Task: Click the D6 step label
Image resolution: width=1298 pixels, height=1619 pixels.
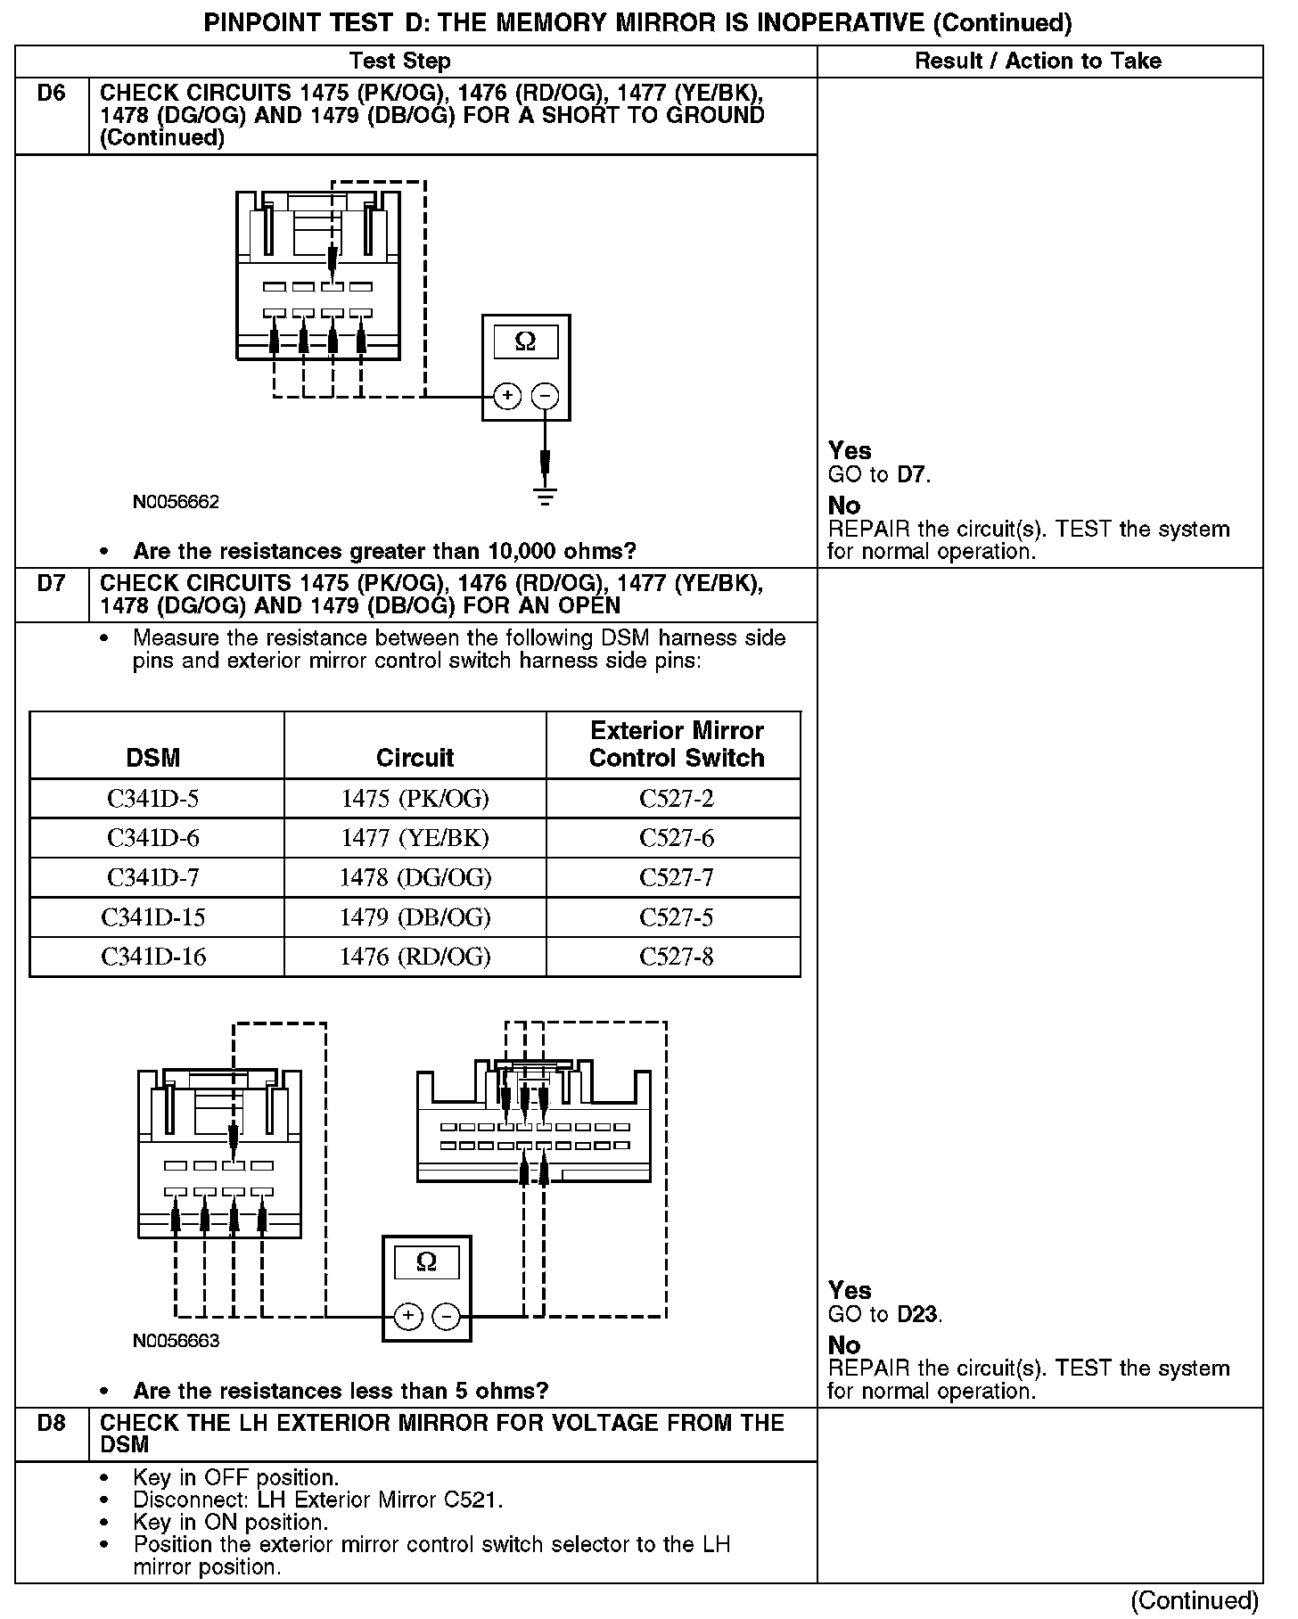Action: (x=52, y=94)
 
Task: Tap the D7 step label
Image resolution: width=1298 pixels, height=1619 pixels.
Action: (x=52, y=584)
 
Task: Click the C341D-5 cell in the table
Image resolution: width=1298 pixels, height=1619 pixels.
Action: (x=153, y=799)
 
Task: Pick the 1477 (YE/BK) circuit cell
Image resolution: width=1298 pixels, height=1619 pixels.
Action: (x=415, y=838)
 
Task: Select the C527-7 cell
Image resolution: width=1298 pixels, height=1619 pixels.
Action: (x=677, y=878)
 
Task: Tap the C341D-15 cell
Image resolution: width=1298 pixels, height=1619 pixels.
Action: (x=153, y=917)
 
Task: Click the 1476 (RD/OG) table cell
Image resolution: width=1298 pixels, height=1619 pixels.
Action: (x=415, y=957)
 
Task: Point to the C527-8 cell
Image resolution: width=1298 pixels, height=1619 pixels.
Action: (x=677, y=957)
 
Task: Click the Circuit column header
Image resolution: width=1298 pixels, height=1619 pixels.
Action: (x=415, y=758)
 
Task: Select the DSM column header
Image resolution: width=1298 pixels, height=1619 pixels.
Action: (x=153, y=758)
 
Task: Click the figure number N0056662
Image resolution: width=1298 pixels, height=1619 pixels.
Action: (x=176, y=502)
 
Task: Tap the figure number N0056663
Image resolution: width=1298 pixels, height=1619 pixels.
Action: (x=176, y=1341)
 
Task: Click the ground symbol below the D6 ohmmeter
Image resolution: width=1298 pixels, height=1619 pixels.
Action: (x=546, y=497)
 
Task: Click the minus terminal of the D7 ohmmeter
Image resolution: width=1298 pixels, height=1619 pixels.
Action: (x=446, y=1316)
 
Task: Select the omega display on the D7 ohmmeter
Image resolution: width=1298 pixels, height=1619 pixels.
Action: (x=426, y=1262)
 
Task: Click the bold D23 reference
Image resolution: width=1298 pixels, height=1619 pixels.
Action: (x=917, y=1314)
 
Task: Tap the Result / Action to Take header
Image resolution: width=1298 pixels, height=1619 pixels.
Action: (x=1038, y=61)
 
